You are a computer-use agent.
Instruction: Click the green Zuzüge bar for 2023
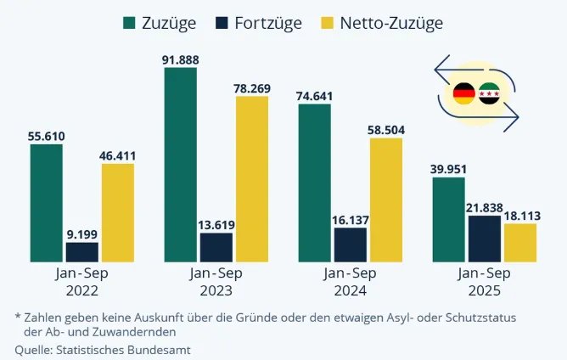pos(181,166)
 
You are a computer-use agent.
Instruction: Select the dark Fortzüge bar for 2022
pos(82,252)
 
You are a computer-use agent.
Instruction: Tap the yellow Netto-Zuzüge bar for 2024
pos(386,200)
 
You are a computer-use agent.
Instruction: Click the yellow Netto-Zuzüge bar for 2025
pos(520,243)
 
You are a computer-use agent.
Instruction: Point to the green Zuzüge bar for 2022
pos(47,204)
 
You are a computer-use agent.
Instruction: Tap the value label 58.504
pos(386,128)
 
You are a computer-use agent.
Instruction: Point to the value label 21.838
pos(485,206)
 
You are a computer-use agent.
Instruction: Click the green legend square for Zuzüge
pos(130,23)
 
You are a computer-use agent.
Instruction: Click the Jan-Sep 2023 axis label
pos(216,281)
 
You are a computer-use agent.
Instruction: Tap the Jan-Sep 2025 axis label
pos(484,281)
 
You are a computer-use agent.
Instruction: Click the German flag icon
pos(463,94)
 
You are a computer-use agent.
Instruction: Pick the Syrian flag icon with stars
pos(490,94)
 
